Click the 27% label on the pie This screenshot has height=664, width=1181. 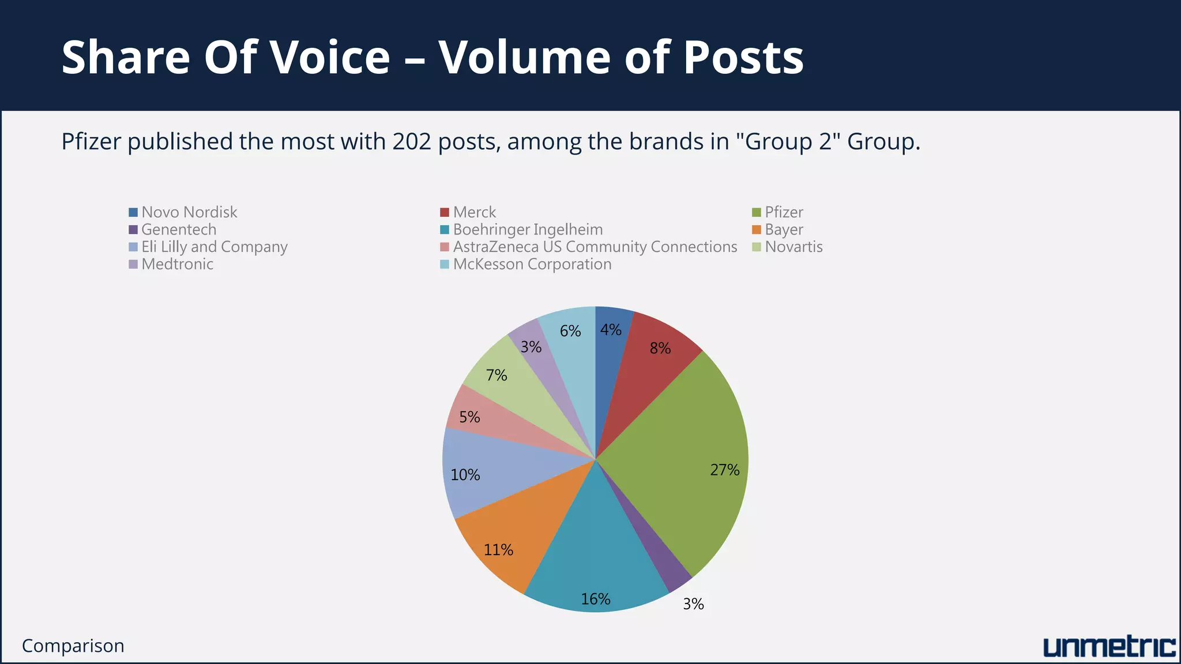pos(724,470)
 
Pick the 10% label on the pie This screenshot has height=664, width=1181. pos(465,475)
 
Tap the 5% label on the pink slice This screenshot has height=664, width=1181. pos(469,417)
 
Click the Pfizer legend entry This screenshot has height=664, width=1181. pos(784,212)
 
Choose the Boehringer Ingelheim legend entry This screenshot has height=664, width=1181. pos(528,229)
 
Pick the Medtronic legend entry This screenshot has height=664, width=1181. pos(177,264)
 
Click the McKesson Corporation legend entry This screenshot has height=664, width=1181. pos(532,264)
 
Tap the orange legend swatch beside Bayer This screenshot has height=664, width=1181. pos(757,230)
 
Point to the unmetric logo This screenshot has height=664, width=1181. pos(1109,647)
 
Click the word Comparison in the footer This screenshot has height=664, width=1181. pos(73,646)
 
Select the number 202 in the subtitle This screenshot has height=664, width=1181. pos(412,141)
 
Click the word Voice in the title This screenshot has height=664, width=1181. pos(329,57)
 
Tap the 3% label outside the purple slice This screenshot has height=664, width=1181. pos(693,604)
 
